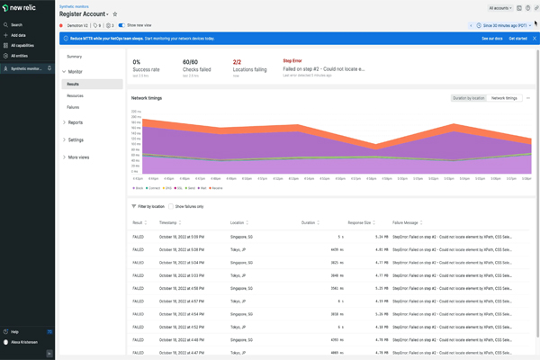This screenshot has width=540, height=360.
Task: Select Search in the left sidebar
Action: (x=16, y=24)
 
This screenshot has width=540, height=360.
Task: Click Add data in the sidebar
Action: (x=18, y=34)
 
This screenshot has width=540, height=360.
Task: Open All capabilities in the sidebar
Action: (x=22, y=45)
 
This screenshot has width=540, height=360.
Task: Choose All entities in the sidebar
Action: (x=19, y=55)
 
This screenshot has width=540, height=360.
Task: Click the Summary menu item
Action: (x=74, y=57)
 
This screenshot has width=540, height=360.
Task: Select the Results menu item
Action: (x=73, y=84)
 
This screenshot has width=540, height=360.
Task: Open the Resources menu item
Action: (x=75, y=94)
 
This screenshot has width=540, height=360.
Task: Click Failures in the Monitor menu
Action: (x=73, y=106)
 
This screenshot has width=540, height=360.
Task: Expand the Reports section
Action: (x=76, y=122)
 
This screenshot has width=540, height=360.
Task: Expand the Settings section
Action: (x=76, y=139)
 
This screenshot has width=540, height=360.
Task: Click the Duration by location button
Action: (x=469, y=97)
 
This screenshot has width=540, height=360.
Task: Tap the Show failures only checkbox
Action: (x=172, y=206)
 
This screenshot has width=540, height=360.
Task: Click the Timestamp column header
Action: (x=168, y=221)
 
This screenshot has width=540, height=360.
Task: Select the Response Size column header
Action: (x=361, y=221)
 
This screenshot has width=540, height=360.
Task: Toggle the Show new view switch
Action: (x=121, y=25)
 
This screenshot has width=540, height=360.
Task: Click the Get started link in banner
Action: (x=517, y=39)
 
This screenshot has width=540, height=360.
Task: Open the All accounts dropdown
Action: (x=500, y=7)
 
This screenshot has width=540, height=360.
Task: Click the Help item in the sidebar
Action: (x=14, y=332)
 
